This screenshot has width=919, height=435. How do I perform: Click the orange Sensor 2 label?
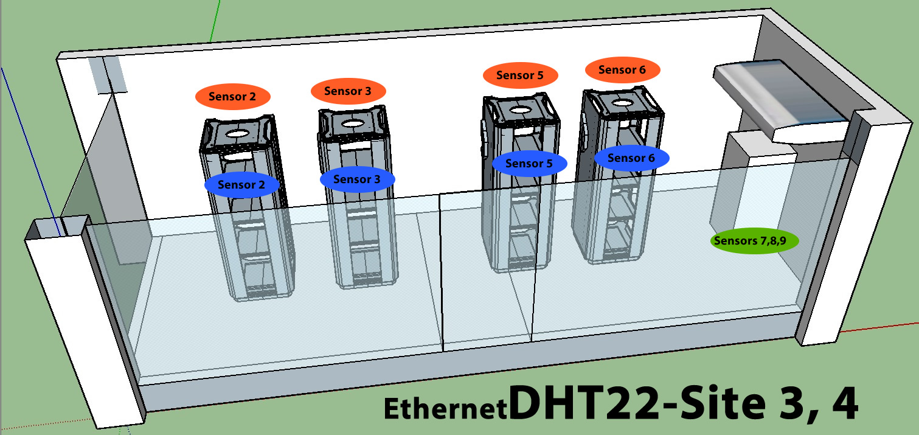[x=232, y=97]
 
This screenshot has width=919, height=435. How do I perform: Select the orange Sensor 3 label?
[x=349, y=91]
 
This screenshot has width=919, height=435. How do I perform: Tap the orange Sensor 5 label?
[x=520, y=75]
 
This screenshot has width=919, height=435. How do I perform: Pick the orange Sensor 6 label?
[x=622, y=70]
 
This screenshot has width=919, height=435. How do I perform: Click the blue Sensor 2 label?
[x=241, y=185]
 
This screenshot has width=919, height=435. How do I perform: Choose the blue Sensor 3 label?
[x=358, y=179]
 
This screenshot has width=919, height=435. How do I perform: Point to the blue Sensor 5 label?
[x=529, y=164]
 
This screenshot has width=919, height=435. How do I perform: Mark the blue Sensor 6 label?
[x=631, y=158]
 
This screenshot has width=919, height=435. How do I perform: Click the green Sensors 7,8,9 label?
[x=755, y=241]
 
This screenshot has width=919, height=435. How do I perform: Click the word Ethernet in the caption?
[x=445, y=409]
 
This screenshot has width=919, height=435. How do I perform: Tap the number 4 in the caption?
[x=842, y=404]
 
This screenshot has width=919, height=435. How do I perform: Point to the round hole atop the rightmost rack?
[x=622, y=103]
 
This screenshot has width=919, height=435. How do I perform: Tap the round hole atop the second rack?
[x=351, y=123]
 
